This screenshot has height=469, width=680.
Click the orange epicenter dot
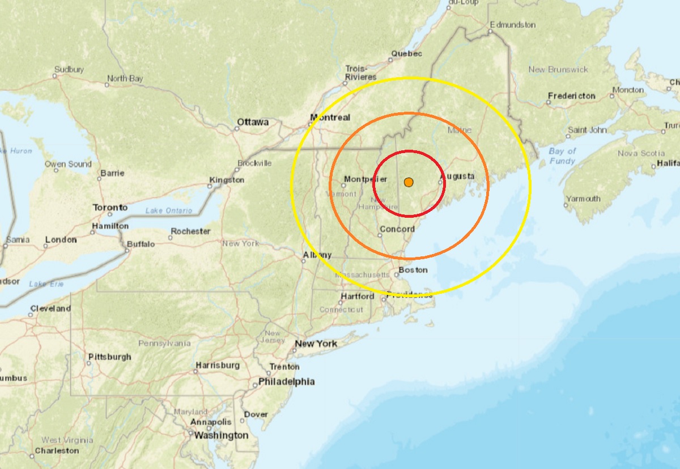[x=409, y=182]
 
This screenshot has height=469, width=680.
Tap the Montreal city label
[x=330, y=117]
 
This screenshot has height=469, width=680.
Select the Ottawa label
[x=253, y=122]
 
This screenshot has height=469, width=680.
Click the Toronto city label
[x=110, y=208]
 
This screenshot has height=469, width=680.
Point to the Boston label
[x=413, y=270]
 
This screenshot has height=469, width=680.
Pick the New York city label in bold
[x=316, y=344]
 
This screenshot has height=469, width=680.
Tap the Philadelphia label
[x=286, y=382]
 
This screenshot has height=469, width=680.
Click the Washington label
[x=221, y=436]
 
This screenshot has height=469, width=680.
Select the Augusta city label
[x=457, y=176]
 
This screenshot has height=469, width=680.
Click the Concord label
[x=396, y=229]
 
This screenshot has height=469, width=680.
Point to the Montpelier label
[x=365, y=179]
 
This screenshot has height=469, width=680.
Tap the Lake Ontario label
[x=169, y=211]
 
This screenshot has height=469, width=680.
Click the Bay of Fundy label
[x=562, y=156]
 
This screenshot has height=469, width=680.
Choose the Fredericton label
[x=571, y=96]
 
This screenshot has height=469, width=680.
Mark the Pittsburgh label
[x=109, y=357]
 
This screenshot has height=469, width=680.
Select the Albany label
[x=317, y=255]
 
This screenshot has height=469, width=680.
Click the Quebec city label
[x=406, y=54]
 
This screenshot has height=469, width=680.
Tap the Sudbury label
[x=69, y=70]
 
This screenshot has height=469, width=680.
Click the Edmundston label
[x=514, y=25]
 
